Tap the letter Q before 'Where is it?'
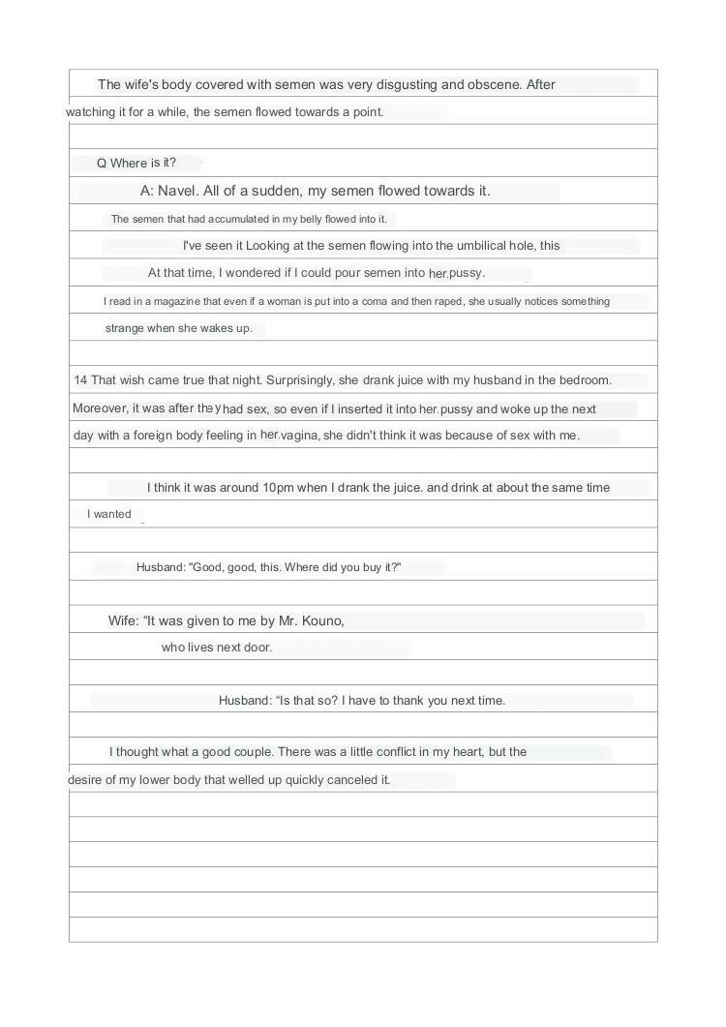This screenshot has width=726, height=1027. tap(102, 163)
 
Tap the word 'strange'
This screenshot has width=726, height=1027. tap(125, 328)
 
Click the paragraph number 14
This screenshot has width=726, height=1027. tap(80, 379)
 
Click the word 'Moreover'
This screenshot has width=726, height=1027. tap(99, 408)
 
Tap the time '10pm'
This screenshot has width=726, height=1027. tap(279, 487)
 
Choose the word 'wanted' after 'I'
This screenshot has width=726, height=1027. tap(112, 514)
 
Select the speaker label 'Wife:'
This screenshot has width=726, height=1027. tap(124, 620)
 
